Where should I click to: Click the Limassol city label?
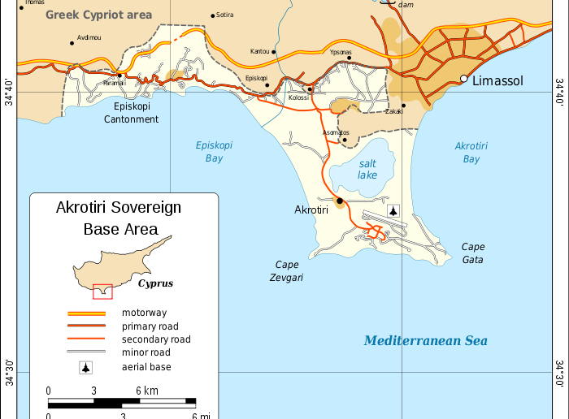point(497,80)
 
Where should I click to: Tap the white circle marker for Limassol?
point(464,79)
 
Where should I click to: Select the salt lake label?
point(367,169)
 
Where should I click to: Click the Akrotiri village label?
point(311,209)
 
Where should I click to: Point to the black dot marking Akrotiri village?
point(340,201)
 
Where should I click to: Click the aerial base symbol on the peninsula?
point(393,211)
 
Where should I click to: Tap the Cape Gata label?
point(473,253)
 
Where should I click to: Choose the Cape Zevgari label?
point(287,270)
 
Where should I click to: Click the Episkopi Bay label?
point(214,152)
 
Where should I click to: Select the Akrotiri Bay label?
point(471,152)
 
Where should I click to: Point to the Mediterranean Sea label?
point(425,341)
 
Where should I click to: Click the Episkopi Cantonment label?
point(131,113)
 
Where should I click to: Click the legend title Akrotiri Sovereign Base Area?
point(119,218)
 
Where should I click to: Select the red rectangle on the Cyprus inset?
point(102,291)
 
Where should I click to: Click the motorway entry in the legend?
point(145,312)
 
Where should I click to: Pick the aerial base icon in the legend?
point(85,367)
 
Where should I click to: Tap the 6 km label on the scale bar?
point(146,391)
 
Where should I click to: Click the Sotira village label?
point(225,15)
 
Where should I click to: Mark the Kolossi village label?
point(298,97)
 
